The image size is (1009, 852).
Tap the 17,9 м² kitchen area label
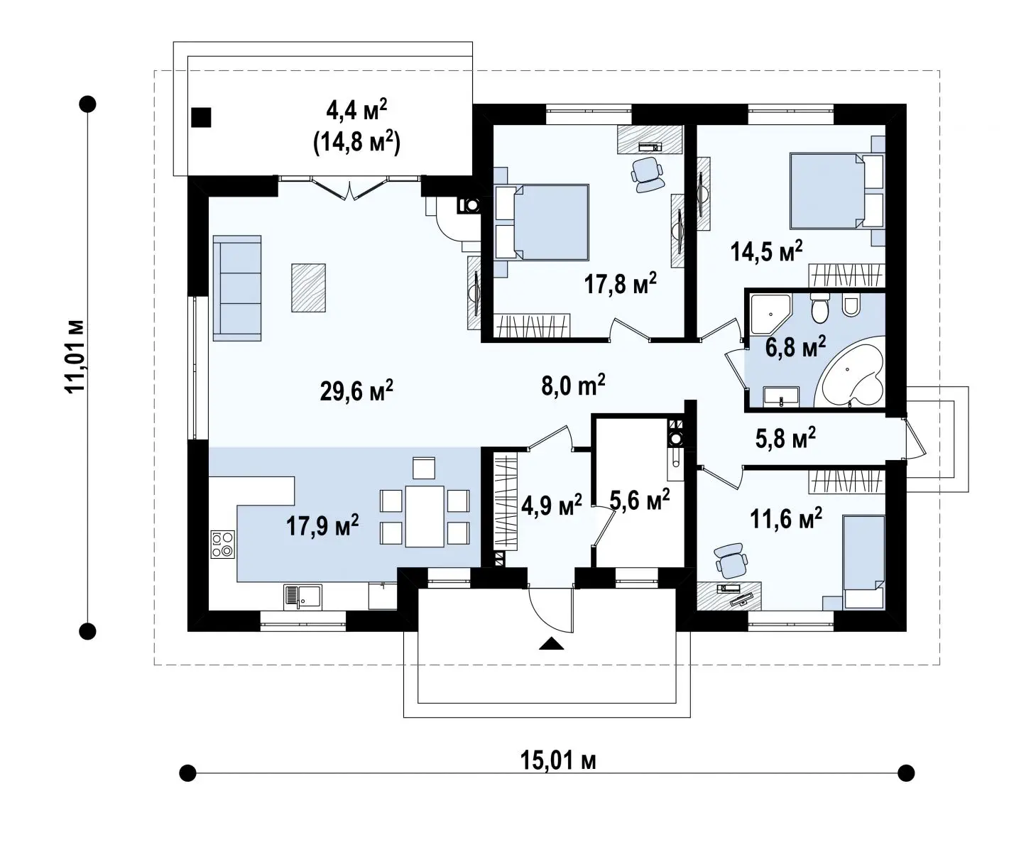(322, 525)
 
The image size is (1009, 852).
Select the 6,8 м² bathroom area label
(795, 346)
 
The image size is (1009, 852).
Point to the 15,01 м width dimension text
(558, 760)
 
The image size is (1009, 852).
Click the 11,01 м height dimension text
(75, 356)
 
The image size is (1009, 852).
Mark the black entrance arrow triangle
(552, 643)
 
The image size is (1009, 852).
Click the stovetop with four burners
(223, 544)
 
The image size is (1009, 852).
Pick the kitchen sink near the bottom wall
(302, 597)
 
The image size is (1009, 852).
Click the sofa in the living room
(237, 288)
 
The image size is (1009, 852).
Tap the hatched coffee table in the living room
(308, 288)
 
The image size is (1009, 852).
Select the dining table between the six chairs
(425, 516)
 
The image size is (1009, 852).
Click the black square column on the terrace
(201, 117)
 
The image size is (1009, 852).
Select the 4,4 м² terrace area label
(356, 111)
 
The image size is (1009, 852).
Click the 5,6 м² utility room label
(639, 499)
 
